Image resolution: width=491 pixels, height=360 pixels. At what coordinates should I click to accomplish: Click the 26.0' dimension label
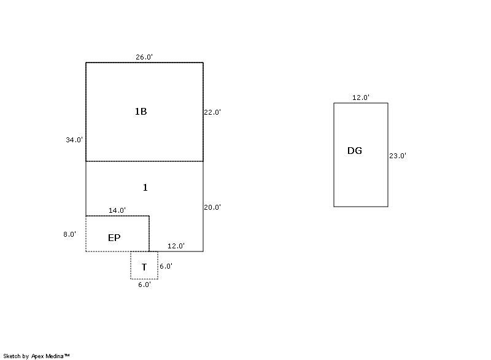point(144,57)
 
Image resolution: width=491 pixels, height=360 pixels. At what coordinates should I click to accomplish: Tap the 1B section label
point(141,112)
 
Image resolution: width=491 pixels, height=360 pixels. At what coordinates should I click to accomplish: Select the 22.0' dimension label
point(212,112)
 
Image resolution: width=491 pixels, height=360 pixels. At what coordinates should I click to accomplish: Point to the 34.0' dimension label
point(74,140)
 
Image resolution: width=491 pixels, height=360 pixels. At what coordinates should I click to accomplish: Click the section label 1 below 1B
point(145,188)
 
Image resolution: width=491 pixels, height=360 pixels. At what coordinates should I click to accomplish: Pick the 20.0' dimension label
point(212,207)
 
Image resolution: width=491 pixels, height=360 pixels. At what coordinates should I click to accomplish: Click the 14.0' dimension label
point(117,210)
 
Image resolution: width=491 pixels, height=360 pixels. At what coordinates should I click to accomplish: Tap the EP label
point(114,238)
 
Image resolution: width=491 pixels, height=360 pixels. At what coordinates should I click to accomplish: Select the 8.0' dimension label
point(70,234)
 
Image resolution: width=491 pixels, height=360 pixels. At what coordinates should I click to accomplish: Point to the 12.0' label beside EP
point(176,246)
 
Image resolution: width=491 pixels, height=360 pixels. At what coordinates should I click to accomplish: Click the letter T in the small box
point(144,267)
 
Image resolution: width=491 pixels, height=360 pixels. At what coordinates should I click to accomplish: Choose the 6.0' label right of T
point(166,266)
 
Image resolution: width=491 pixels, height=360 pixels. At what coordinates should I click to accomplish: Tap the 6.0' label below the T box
point(144,285)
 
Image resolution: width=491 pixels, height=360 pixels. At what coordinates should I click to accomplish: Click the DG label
point(355,151)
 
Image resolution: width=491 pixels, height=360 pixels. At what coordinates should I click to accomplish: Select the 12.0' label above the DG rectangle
point(361,98)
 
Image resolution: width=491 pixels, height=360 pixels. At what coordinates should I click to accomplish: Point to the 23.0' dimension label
point(398,156)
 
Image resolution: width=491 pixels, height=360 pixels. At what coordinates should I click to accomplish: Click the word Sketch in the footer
point(12,356)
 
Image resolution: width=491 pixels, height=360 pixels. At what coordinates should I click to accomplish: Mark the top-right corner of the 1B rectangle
point(203,63)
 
